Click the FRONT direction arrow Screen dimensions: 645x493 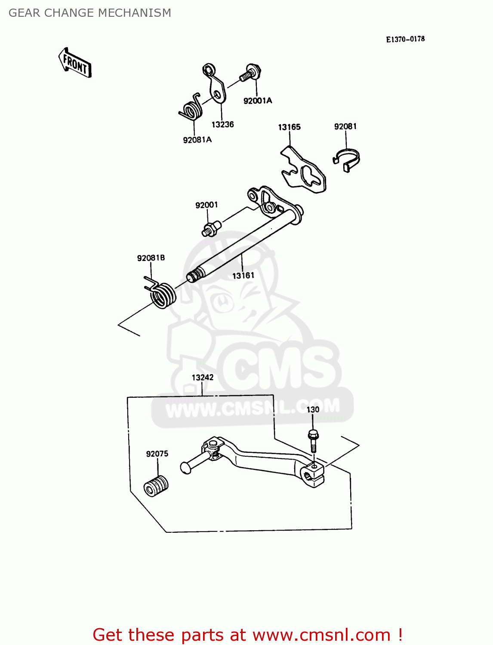tap(75, 63)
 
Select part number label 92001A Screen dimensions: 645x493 tap(258, 101)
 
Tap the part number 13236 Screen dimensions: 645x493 tap(222, 124)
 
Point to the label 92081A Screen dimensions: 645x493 tap(197, 140)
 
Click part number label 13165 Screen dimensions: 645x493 tap(289, 127)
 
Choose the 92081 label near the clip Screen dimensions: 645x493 tap(345, 126)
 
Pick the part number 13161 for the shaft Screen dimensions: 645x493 tap(243, 276)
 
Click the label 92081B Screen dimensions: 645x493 tap(151, 258)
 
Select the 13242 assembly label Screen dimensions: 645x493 tap(203, 378)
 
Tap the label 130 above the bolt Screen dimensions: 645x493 tap(313, 410)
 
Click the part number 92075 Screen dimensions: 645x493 tap(157, 454)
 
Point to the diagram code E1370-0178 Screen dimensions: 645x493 tap(405, 39)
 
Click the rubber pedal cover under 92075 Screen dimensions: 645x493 tap(156, 486)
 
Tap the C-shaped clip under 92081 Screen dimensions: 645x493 tap(347, 160)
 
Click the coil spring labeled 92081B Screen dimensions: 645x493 tap(161, 294)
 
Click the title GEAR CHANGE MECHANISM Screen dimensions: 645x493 tap(89, 13)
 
